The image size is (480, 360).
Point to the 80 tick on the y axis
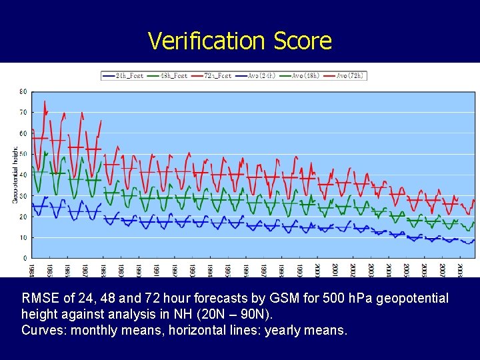23,91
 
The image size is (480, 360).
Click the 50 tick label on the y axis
23,154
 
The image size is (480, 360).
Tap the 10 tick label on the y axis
23,237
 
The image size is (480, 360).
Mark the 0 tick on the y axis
25,258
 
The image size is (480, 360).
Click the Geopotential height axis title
15,175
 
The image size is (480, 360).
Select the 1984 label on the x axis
32,268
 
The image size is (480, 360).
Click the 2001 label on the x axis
335,268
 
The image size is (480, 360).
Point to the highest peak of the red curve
45,101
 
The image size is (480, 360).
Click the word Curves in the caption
41,329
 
